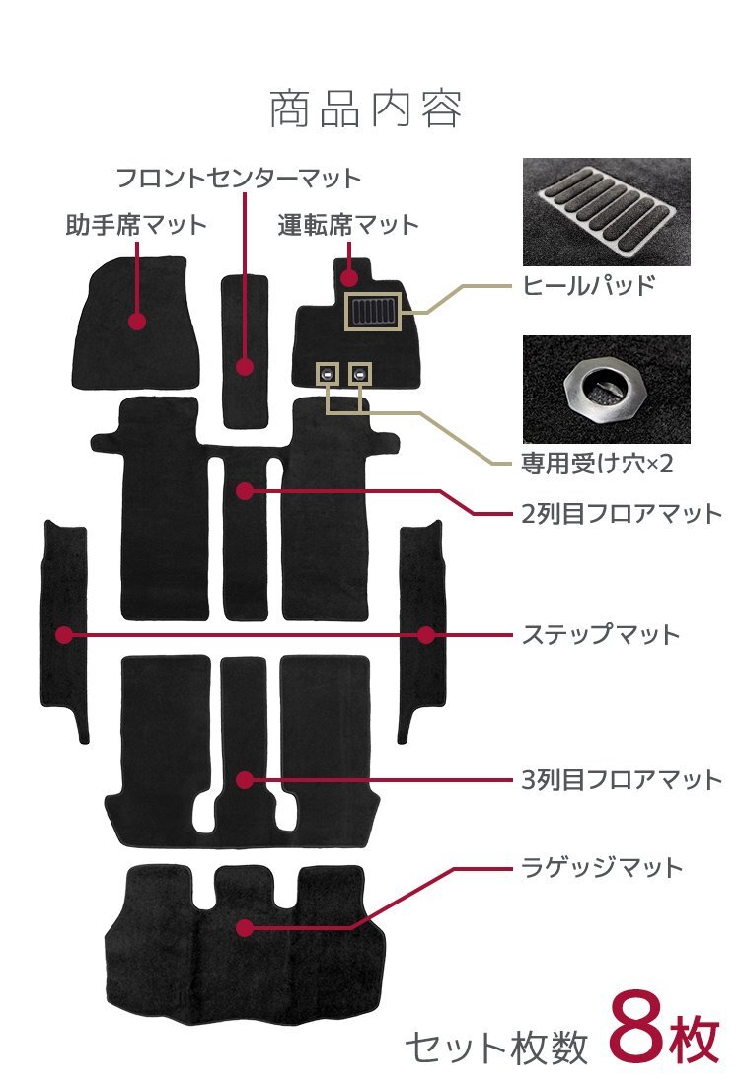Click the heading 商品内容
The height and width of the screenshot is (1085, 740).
365,109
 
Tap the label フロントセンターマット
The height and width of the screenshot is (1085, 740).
239,179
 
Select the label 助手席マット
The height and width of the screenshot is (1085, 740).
136,225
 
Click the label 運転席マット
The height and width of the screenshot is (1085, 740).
348,225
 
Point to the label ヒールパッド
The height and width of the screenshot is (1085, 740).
588,287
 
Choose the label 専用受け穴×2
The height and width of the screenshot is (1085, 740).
597,463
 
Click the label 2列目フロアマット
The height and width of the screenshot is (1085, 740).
623,513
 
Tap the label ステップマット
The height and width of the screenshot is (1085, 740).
601,633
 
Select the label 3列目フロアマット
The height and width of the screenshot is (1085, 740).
623,780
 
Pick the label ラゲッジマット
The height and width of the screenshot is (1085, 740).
602,868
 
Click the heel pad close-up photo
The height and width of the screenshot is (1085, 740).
606,212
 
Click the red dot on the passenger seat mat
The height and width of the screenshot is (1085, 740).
137,321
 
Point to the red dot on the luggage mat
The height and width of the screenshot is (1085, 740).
245,927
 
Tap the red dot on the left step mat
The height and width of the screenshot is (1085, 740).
64,635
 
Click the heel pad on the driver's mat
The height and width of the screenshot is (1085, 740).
372,313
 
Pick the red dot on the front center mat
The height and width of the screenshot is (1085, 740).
245,367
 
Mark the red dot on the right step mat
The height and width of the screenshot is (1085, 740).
425,635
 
